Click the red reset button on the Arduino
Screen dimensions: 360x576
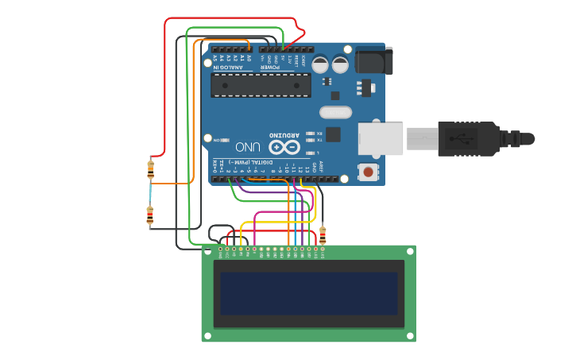368,171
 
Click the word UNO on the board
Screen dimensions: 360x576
247,147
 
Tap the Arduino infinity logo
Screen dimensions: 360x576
284,148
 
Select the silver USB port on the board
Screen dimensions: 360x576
381,138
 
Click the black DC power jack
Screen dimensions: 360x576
373,61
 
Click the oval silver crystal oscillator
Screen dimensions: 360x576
335,114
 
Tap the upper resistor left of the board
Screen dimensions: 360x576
151,168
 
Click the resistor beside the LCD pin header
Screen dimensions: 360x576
322,234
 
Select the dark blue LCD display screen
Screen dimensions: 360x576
308,293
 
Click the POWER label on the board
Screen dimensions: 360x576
272,68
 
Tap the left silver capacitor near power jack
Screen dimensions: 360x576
320,64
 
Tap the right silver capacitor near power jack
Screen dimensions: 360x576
340,64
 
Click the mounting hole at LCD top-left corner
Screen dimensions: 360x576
207,251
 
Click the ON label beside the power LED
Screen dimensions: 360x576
215,140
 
